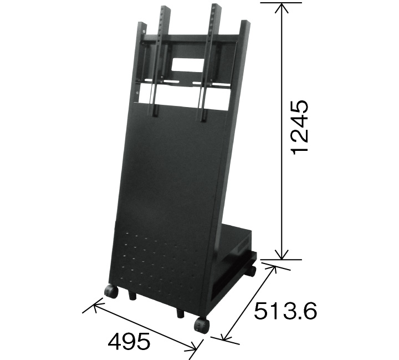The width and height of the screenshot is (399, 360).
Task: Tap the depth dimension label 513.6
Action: tap(285, 311)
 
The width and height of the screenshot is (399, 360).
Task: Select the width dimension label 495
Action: tap(129, 341)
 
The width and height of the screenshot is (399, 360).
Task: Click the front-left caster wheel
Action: tap(111, 292)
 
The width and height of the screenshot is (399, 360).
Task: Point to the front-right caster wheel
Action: tap(202, 325)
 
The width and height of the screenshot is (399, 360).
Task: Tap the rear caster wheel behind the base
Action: tap(251, 272)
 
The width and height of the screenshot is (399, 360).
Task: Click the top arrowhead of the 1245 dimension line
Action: tap(282, 8)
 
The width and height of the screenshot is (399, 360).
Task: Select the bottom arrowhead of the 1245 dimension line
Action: tap(282, 255)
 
